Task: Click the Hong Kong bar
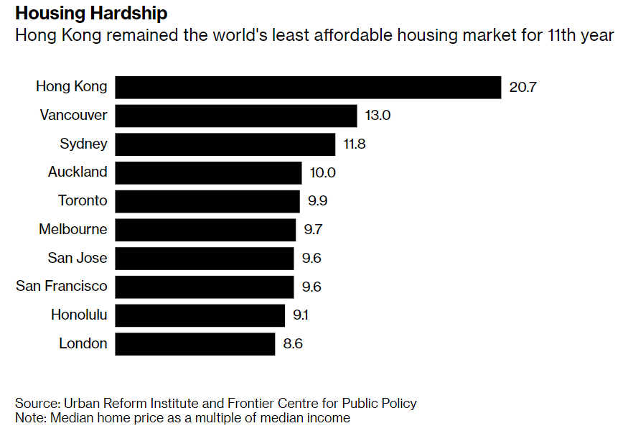[x=307, y=87]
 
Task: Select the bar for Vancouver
[x=235, y=116]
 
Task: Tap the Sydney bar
[x=225, y=144]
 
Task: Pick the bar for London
[x=195, y=343]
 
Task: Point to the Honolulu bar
[x=200, y=315]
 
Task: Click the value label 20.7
[x=523, y=88]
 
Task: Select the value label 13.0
[x=378, y=116]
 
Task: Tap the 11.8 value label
[x=355, y=144]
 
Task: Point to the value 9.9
[x=318, y=201]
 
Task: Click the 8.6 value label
[x=293, y=343]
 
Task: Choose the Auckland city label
[x=78, y=172]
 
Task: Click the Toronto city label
[x=83, y=201]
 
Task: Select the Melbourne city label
[x=73, y=230]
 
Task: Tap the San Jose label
[x=78, y=258]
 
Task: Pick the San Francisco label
[x=62, y=287]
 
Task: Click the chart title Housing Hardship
[x=91, y=14]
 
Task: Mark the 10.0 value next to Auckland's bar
[x=322, y=172]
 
